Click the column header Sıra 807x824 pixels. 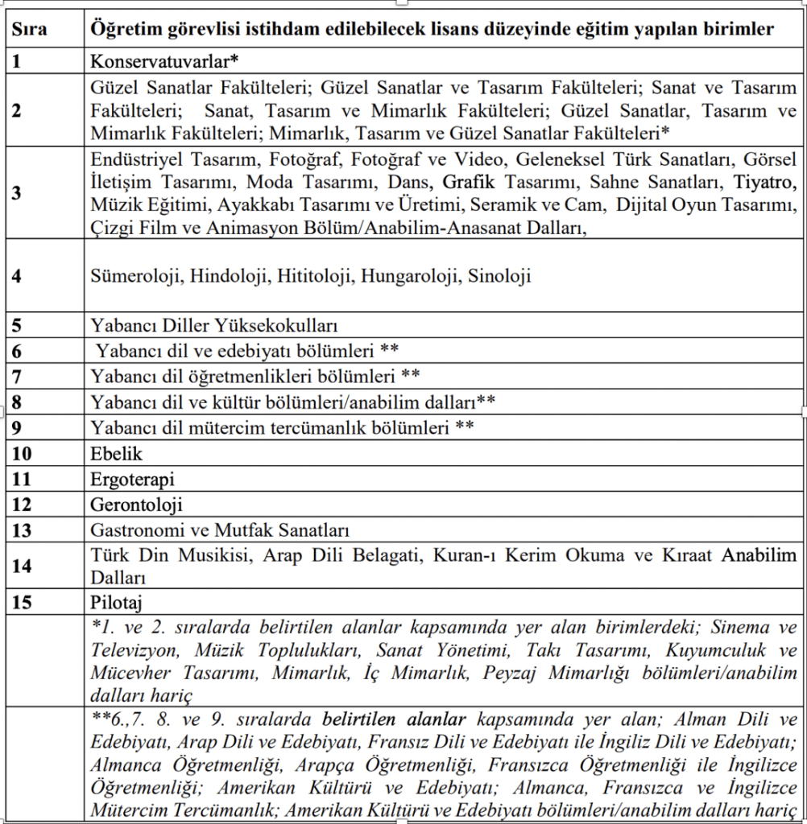[30, 30]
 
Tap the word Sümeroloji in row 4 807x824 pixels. [136, 276]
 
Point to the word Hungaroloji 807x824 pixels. [408, 276]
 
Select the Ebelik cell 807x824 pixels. [116, 454]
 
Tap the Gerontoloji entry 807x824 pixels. [136, 505]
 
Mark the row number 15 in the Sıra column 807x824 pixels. [22, 602]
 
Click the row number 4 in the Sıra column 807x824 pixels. [17, 275]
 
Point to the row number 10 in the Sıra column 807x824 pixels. [22, 454]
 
